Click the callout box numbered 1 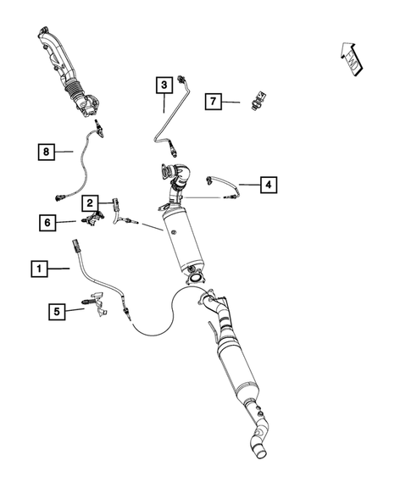36,269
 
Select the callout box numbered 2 89,202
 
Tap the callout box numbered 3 163,84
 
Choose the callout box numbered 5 57,311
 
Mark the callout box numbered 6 47,223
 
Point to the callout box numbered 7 214,102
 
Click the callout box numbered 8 47,152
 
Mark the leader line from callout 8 65,152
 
